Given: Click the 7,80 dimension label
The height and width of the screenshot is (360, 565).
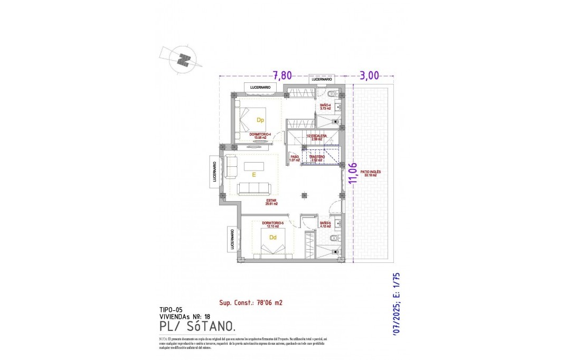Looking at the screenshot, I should pyautogui.click(x=282, y=75).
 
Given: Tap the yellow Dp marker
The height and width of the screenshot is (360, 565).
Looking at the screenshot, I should pyautogui.click(x=260, y=120).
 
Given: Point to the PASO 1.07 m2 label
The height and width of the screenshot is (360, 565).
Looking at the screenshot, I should pyautogui.click(x=295, y=158).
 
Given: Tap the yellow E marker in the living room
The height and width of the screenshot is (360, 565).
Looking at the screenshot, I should pyautogui.click(x=254, y=174).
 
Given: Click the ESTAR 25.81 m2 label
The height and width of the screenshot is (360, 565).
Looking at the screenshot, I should pyautogui.click(x=272, y=202).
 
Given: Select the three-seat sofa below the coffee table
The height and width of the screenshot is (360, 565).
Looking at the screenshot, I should pyautogui.click(x=255, y=188).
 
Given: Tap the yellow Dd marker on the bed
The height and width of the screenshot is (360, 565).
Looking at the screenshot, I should pyautogui.click(x=272, y=238).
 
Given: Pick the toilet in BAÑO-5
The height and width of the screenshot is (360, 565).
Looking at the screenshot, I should pyautogui.click(x=332, y=239).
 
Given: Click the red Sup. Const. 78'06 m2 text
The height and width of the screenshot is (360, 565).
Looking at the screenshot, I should pyautogui.click(x=251, y=303).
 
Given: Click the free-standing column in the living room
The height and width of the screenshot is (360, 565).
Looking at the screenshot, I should pyautogui.click(x=304, y=195).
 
